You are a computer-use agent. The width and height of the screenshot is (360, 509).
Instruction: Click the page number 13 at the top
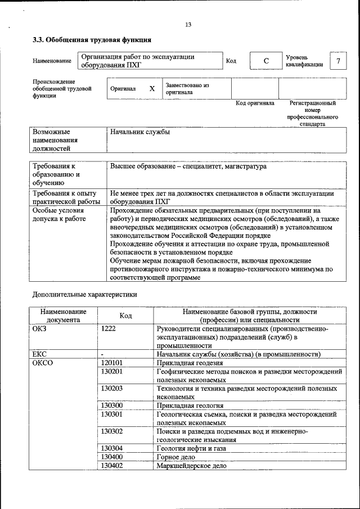pos(188,24)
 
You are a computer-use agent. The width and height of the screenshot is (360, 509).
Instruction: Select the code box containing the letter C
pos(266,61)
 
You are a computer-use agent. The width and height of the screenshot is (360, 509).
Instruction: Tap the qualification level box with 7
pos(337,61)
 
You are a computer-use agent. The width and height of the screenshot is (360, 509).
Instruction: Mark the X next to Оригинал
pos(152,89)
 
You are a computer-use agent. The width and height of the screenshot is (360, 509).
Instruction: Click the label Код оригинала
pos(254,103)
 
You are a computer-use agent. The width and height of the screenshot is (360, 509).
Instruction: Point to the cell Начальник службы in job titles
pos(140,132)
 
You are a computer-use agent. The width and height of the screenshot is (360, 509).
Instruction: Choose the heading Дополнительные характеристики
pos(84,294)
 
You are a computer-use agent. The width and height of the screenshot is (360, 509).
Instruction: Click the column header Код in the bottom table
pos(126,316)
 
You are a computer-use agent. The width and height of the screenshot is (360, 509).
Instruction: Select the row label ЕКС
pos(39,354)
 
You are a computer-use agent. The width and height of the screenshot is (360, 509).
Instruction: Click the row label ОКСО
pos(43,363)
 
